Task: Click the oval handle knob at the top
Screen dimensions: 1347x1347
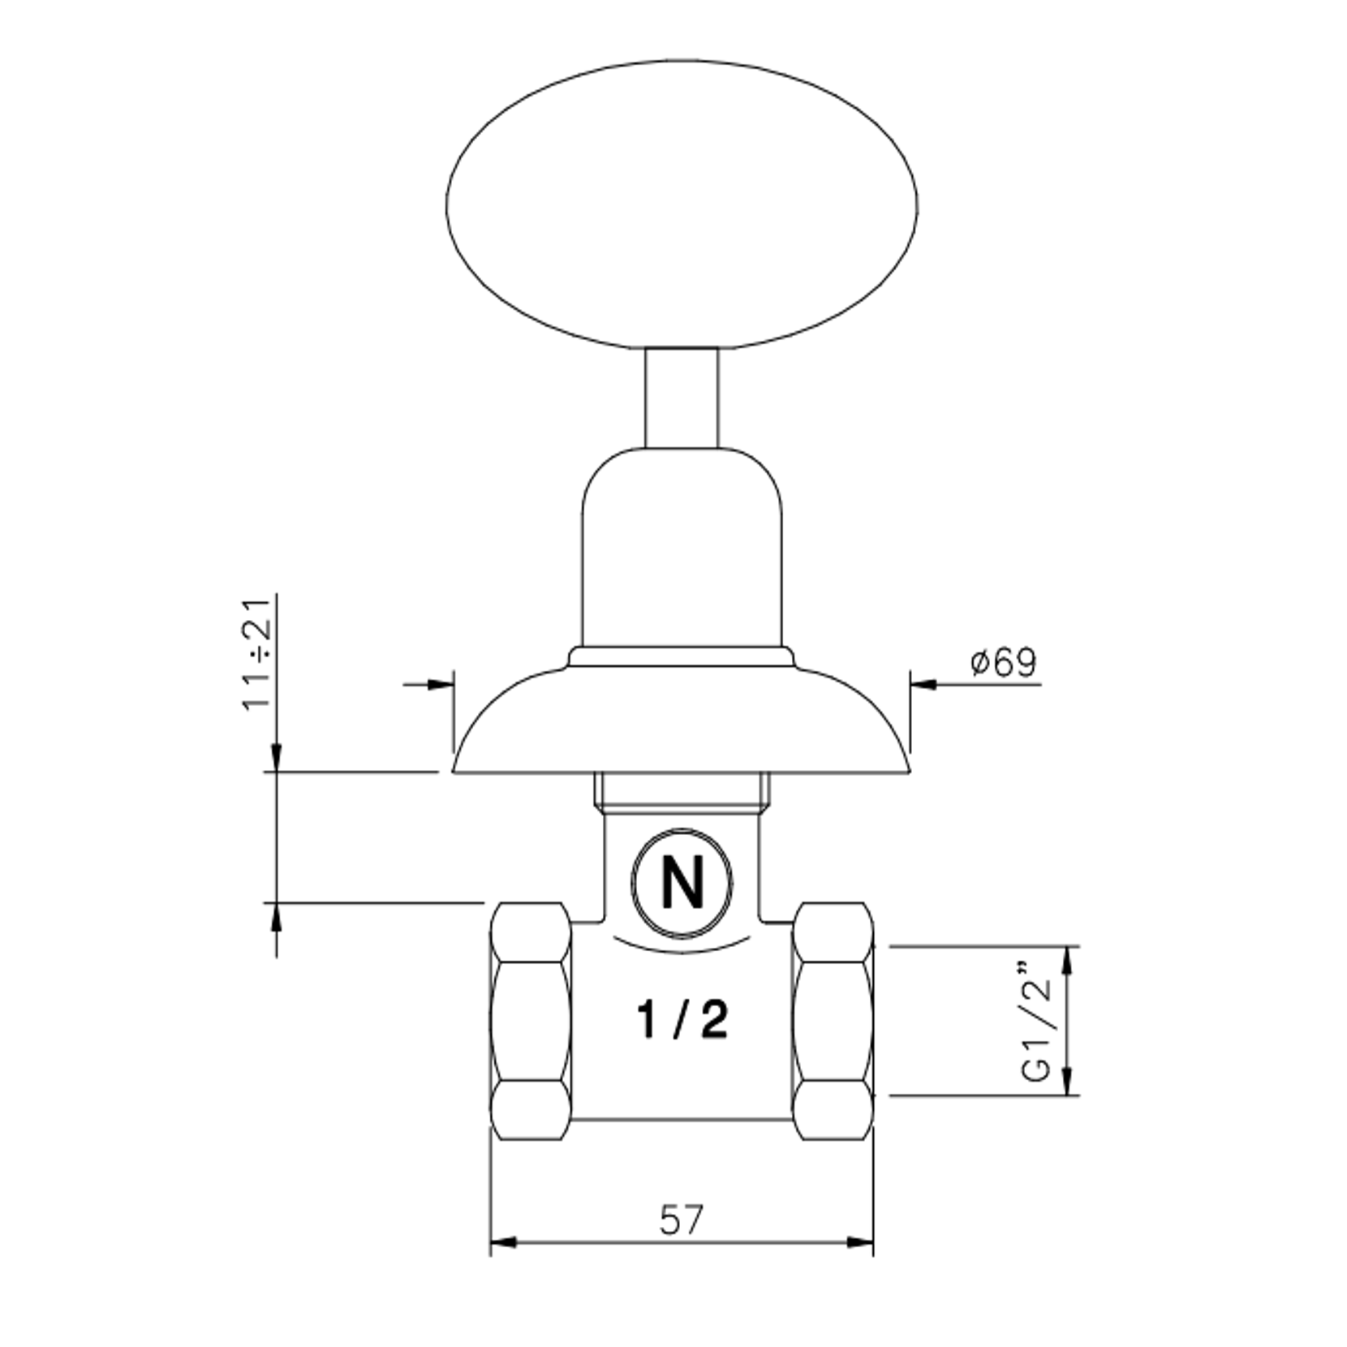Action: [x=682, y=205]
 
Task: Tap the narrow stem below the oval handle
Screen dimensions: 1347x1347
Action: [x=682, y=398]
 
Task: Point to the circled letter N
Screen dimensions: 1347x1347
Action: [x=682, y=884]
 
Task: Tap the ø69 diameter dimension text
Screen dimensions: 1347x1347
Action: [x=1004, y=662]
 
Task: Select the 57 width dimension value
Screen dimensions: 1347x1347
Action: [x=682, y=1220]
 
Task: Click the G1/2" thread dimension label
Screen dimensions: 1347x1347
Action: [x=1036, y=1022]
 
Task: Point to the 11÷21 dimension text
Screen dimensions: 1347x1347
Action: [x=257, y=653]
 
